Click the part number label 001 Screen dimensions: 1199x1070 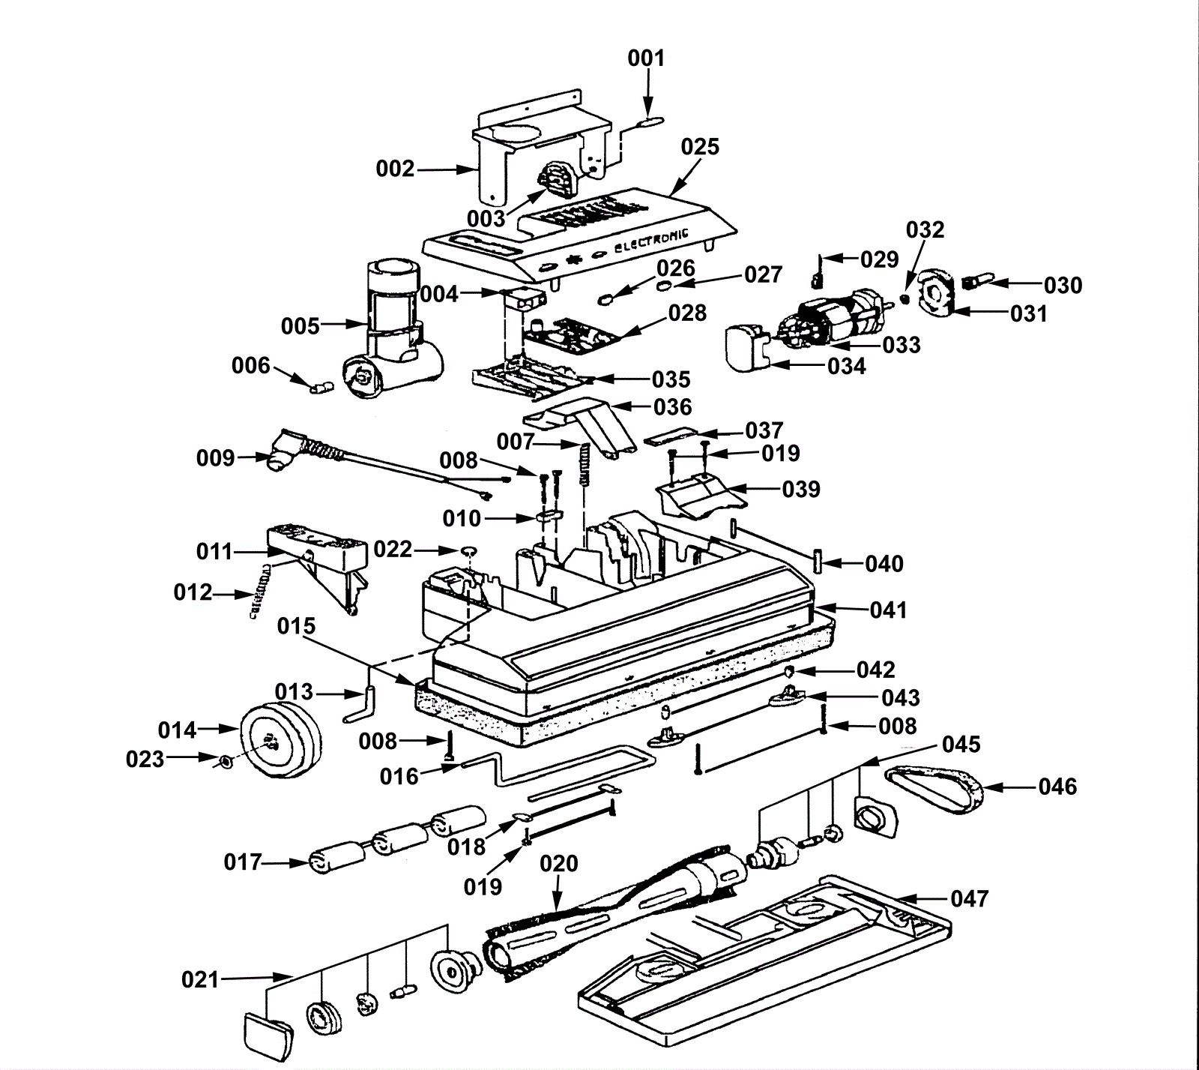click(646, 58)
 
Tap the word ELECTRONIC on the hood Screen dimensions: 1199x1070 click(650, 241)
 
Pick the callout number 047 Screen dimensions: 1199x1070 click(969, 898)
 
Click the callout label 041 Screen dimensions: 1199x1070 click(888, 610)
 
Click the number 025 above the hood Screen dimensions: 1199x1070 click(700, 146)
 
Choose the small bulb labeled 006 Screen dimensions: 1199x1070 click(321, 388)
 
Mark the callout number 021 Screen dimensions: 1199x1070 click(200, 979)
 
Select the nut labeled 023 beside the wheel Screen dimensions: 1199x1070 click(223, 762)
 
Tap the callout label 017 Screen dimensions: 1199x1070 click(243, 862)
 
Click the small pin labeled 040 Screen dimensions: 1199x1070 click(818, 560)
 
